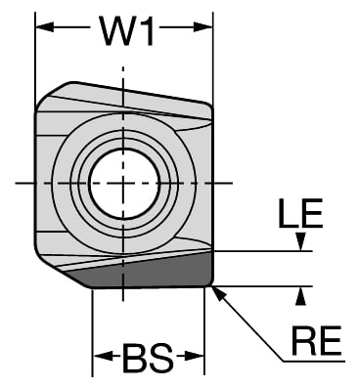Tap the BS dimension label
click(x=148, y=358)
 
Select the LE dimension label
click(x=300, y=214)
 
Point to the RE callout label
click(x=316, y=341)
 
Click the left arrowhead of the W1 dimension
click(x=45, y=27)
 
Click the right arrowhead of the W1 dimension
click(x=202, y=27)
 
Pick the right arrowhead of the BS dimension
click(x=195, y=356)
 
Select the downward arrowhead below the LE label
click(x=301, y=241)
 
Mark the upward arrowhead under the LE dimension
click(x=301, y=296)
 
